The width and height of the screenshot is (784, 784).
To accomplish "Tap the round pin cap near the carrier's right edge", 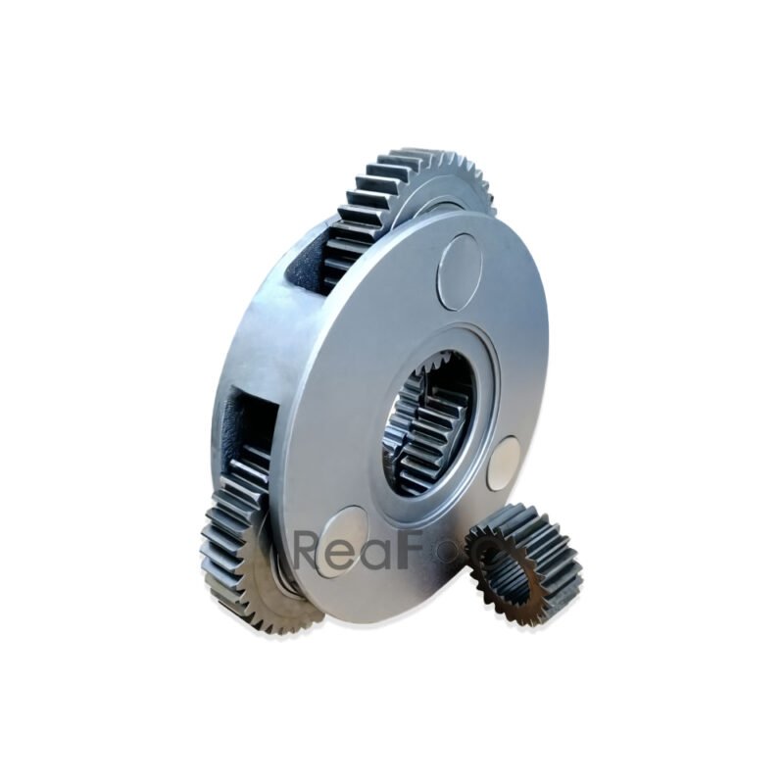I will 504,463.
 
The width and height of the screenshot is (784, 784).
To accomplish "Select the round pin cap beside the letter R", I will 340,538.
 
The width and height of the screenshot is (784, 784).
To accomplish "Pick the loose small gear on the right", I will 523,563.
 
